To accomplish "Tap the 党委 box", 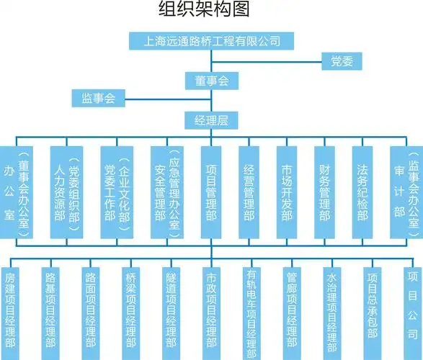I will point(341,61).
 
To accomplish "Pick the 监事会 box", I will point(99,97).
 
